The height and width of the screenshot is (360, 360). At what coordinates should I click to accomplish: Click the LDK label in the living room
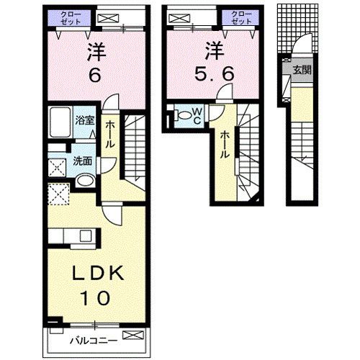[x=98, y=273]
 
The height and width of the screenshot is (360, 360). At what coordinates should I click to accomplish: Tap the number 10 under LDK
[x=95, y=298]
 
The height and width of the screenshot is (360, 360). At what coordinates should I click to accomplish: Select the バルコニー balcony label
[x=94, y=341]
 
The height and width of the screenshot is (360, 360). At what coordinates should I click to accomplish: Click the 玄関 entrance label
[x=302, y=70]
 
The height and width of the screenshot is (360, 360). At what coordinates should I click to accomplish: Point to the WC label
[x=197, y=116]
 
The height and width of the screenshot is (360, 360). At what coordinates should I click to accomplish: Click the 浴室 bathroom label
[x=84, y=120]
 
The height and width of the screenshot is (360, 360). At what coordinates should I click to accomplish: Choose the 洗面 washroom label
[x=82, y=161]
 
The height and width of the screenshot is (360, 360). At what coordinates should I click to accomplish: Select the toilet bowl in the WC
[x=183, y=115]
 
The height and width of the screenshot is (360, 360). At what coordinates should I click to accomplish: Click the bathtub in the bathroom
[x=60, y=122]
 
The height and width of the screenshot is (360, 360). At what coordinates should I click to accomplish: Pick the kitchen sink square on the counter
[x=85, y=235]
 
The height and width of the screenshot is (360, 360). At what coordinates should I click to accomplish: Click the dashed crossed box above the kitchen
[x=59, y=194]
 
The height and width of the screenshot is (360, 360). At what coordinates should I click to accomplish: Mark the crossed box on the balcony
[x=133, y=336]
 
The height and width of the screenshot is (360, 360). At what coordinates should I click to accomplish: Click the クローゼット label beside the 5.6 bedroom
[x=241, y=18]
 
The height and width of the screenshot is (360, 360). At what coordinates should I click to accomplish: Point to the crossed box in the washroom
[x=58, y=168]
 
